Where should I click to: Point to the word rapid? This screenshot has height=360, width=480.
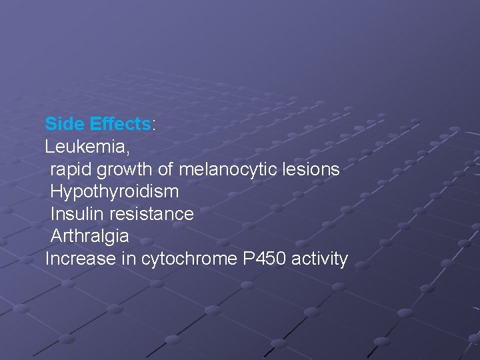(71, 169)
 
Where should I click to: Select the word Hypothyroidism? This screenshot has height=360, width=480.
(115, 192)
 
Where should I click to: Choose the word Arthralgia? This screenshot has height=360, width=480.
(90, 237)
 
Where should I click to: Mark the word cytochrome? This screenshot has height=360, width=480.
(189, 259)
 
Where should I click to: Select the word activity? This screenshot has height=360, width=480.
(319, 259)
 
